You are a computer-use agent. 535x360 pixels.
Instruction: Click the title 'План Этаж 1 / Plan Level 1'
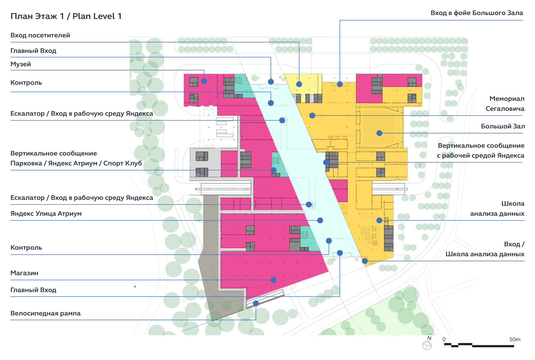point(66,16)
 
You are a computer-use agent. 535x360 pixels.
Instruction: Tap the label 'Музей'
point(20,64)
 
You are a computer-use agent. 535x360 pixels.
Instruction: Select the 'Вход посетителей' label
point(40,35)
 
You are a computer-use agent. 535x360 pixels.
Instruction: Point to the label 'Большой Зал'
point(503,126)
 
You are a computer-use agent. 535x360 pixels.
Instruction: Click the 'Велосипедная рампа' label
point(45,313)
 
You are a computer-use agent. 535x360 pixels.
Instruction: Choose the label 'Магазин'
point(24,273)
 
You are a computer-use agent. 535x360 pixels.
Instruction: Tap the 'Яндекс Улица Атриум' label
point(46,213)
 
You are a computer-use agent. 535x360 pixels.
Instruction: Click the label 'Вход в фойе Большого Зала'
point(477,13)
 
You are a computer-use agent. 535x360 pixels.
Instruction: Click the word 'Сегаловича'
point(505,109)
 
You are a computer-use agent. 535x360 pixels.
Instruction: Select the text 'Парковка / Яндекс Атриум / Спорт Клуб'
point(76,163)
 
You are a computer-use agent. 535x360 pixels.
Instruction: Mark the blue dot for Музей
point(204,81)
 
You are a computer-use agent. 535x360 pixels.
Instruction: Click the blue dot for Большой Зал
point(379,133)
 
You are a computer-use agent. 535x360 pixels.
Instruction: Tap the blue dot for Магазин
point(274,280)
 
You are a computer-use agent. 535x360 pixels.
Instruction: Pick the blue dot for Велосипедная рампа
point(256,303)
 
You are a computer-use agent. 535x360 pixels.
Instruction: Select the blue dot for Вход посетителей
point(299,84)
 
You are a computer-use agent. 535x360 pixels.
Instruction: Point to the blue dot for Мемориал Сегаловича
point(312,115)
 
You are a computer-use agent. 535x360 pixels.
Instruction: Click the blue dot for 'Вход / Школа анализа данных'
point(365,261)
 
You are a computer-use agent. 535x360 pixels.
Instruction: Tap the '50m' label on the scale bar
point(515,340)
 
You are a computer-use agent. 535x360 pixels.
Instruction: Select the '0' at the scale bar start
point(444,340)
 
